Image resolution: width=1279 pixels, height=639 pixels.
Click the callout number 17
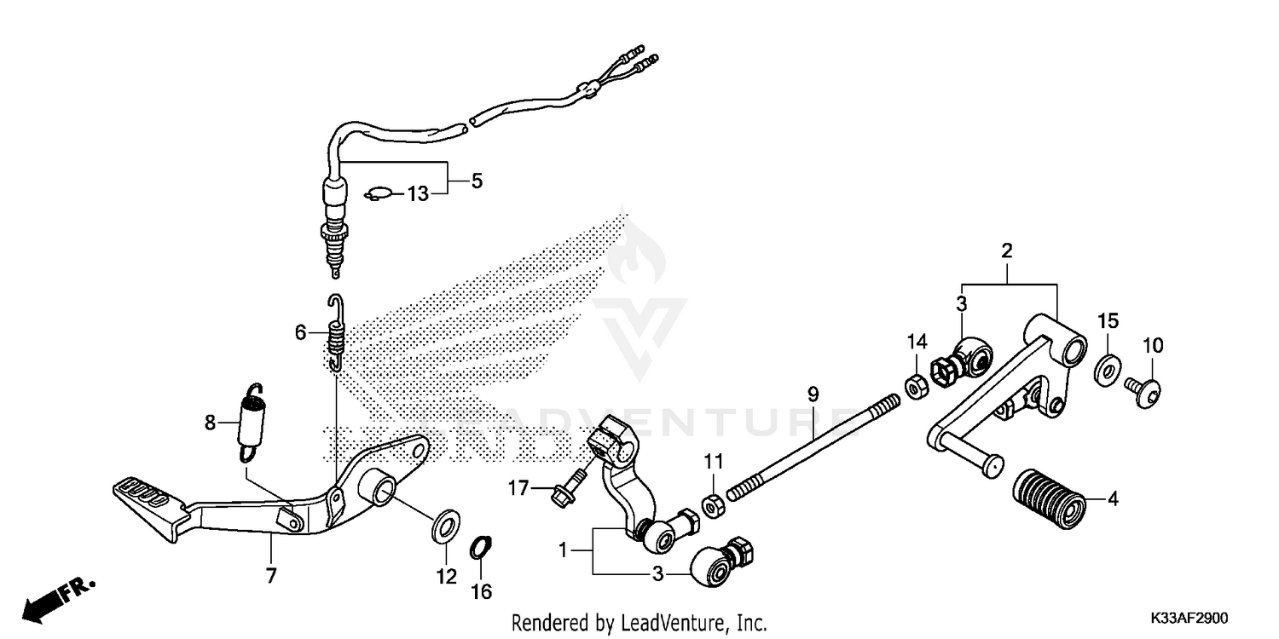tap(518, 488)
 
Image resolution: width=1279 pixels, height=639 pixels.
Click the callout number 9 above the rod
tap(813, 394)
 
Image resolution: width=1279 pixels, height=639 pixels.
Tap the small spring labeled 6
tap(338, 335)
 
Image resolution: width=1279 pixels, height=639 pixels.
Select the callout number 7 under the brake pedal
tap(271, 576)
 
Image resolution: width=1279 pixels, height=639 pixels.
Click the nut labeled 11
tap(711, 504)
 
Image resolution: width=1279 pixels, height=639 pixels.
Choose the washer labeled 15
tap(1106, 370)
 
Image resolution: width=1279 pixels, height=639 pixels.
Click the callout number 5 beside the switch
tap(476, 181)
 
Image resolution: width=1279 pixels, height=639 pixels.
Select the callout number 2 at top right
tap(1006, 250)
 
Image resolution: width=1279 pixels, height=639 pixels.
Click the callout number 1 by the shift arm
tap(563, 551)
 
